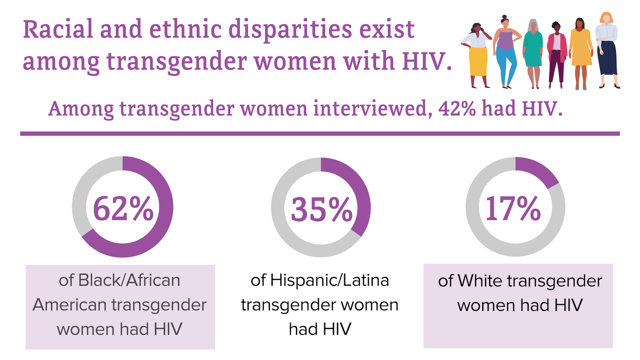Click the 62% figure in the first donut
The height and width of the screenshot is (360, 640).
coord(123,208)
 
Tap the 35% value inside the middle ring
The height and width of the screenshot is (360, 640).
coord(322,209)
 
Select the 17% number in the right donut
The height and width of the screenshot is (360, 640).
coord(513,208)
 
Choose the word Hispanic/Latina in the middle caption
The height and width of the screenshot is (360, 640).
coord(330,280)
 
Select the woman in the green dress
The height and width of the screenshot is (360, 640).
coord(533,50)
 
